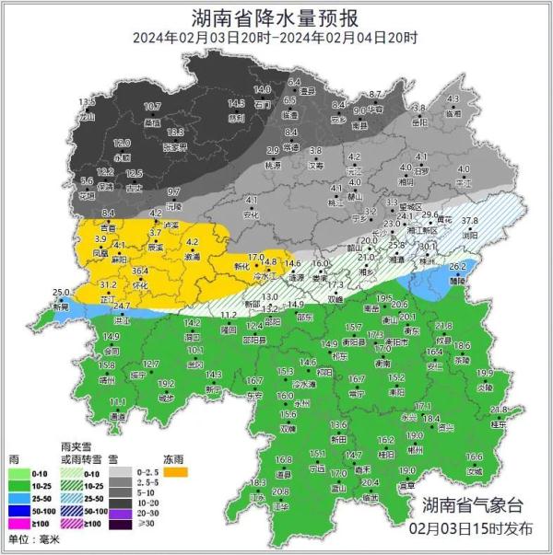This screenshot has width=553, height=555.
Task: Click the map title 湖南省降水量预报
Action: [x=276, y=16]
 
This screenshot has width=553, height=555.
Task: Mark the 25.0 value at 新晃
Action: [x=60, y=293]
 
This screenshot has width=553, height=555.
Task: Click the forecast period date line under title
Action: [x=276, y=39]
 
